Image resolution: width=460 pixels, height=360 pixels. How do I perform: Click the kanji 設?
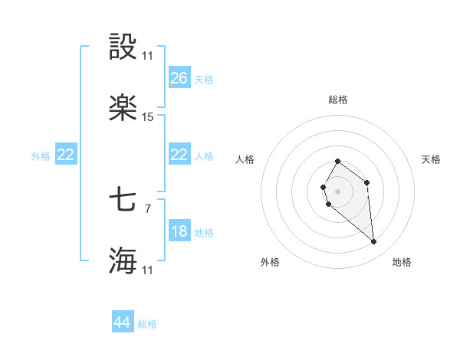coord(123,47)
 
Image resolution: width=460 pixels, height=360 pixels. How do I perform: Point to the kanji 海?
coord(123,260)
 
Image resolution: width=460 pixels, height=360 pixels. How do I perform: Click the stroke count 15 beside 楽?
coord(148,117)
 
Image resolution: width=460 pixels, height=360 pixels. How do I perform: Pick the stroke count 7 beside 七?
coord(148,207)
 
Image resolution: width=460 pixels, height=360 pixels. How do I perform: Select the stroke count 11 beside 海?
coord(148,270)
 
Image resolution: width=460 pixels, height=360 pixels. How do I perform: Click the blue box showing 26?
coord(179,78)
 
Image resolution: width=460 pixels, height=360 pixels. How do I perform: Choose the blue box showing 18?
coord(179,231)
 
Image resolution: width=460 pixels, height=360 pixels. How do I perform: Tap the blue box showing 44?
coord(123,322)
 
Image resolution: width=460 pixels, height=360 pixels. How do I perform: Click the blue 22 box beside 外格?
coord(66,155)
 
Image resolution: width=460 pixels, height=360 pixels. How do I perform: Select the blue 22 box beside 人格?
coord(179,155)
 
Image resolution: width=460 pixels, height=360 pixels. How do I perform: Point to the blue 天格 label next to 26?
coord(204,80)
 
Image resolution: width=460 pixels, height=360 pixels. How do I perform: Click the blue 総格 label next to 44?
coord(147,324)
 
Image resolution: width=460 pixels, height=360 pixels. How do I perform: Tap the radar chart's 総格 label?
coord(338,100)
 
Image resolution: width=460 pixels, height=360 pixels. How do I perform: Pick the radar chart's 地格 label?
coord(402,262)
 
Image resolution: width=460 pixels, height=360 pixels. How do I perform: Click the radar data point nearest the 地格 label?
coord(374,242)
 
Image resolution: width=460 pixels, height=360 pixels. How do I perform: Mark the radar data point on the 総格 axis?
coord(338,162)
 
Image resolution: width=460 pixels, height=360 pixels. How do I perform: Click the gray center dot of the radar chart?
coord(337,190)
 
